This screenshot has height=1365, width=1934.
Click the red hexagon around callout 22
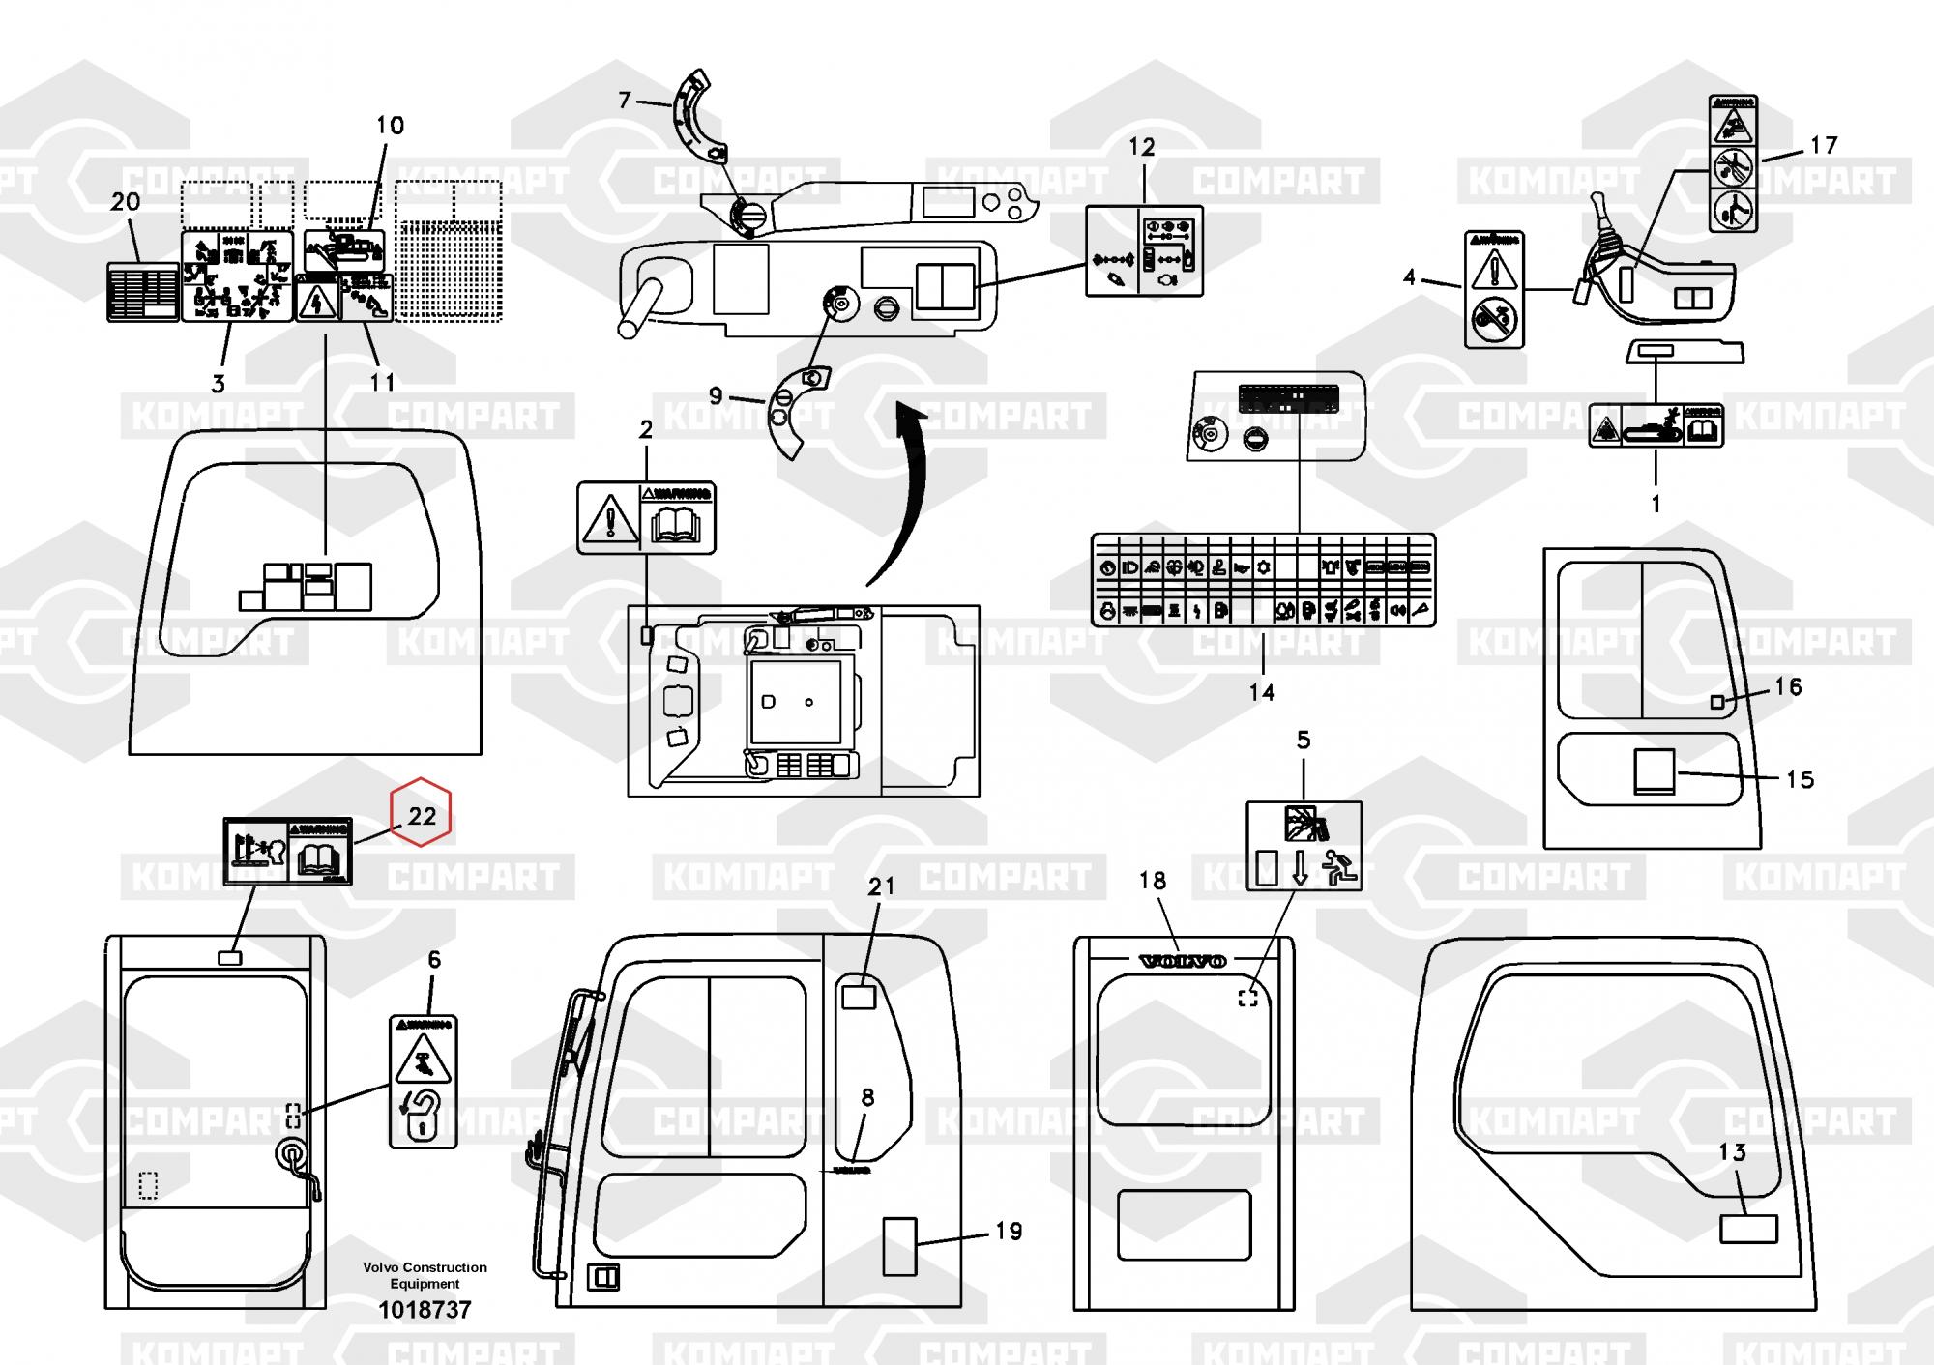(420, 812)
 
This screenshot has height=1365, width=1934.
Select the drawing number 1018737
(425, 1311)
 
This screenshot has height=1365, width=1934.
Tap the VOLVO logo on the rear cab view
(1184, 961)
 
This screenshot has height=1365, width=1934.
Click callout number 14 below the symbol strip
(1261, 693)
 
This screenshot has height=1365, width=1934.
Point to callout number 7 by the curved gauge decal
(625, 100)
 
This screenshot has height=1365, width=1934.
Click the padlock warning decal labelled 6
(423, 1082)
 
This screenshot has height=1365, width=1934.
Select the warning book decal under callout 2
(646, 518)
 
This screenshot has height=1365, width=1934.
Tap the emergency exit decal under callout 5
(1304, 846)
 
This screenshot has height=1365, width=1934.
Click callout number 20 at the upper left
(126, 202)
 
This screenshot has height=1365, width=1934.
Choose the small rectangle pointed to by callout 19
(899, 1246)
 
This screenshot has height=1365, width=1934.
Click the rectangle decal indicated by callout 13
(1747, 1229)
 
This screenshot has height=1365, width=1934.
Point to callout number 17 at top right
(1823, 145)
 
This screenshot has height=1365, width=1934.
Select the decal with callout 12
(1144, 250)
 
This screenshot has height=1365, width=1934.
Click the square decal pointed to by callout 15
(1654, 771)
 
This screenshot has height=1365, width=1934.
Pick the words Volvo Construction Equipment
(425, 1275)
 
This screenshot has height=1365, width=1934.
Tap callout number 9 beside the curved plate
(716, 395)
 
